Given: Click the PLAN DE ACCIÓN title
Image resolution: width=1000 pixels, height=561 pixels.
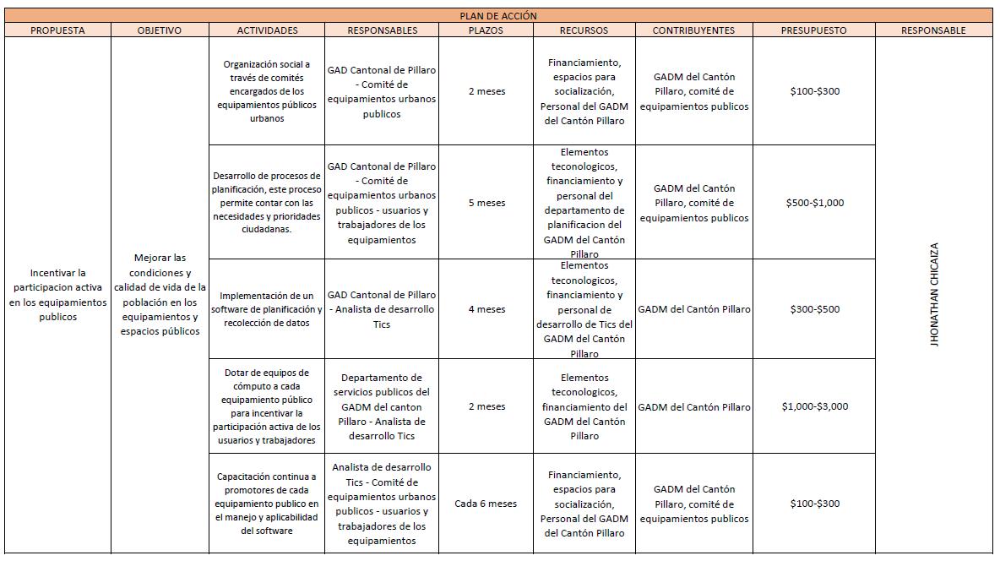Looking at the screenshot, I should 497,16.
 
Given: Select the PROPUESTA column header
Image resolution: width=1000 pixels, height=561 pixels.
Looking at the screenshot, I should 57,30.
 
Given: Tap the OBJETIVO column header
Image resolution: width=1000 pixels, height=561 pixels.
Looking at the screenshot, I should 159,30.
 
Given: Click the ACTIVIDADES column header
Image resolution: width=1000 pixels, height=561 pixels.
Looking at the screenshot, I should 267,30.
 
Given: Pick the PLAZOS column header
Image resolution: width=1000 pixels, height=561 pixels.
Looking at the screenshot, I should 486,30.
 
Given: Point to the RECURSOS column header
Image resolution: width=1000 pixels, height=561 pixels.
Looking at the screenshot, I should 584,30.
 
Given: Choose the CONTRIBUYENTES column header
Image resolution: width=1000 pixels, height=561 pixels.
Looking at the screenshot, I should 693,30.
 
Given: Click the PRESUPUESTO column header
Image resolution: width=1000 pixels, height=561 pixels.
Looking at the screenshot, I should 814,30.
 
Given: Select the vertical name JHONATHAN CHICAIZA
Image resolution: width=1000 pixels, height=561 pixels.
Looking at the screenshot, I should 934,295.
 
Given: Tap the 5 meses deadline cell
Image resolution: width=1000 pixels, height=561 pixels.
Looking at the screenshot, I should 486,203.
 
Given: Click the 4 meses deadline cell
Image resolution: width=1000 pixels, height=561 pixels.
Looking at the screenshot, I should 486,309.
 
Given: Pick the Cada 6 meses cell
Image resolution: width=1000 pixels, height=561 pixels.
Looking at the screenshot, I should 486,504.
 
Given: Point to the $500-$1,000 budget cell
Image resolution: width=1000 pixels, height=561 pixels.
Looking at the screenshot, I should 815,203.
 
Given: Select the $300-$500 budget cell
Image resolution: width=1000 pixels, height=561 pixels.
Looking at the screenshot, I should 815,309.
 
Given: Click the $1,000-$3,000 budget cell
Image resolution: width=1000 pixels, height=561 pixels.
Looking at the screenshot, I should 815,406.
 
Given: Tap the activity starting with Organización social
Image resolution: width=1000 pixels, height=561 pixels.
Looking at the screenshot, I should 267,91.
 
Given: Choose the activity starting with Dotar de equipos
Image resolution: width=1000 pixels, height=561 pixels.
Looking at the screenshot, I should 267,406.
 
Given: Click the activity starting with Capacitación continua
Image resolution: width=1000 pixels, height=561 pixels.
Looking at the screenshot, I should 267,504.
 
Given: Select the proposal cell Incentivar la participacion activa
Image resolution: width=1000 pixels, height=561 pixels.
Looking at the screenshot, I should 57,295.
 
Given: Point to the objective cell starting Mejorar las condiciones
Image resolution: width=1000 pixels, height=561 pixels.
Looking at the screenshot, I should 159,294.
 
